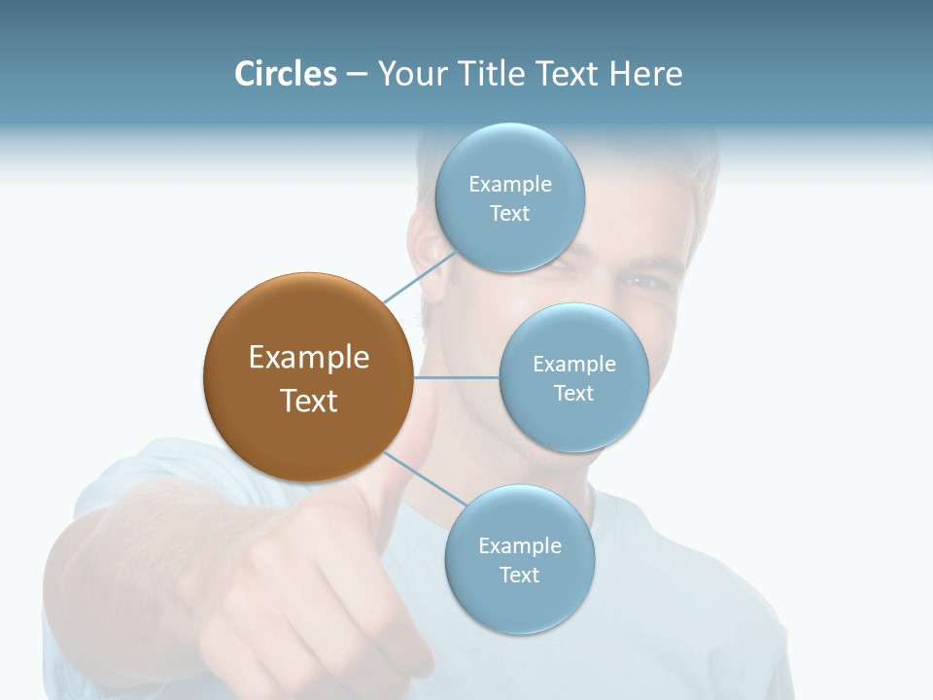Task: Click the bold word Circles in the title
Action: (286, 74)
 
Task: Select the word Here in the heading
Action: (645, 74)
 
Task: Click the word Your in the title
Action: (411, 74)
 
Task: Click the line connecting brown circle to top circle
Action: (420, 278)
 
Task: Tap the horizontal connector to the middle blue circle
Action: (457, 377)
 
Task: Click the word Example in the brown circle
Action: (308, 358)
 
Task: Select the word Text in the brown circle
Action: (308, 401)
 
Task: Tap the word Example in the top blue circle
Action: (509, 185)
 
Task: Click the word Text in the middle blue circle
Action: (573, 393)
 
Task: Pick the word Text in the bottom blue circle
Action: (519, 575)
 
